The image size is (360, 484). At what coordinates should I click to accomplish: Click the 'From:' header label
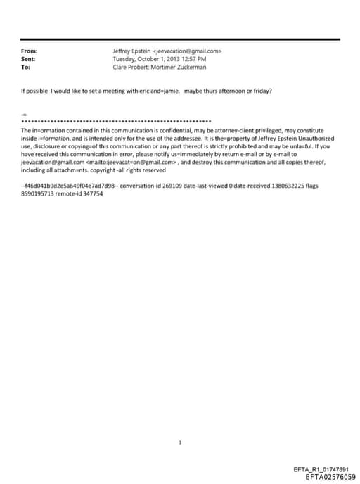coord(29,51)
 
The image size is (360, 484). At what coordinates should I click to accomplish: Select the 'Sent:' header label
coord(29,59)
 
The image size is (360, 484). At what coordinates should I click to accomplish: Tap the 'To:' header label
coord(26,67)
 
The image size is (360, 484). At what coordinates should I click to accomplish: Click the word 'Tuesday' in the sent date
coord(125,59)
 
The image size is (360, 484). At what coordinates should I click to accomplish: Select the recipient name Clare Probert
coord(130,67)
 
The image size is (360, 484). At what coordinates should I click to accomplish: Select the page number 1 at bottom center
coord(181,442)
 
